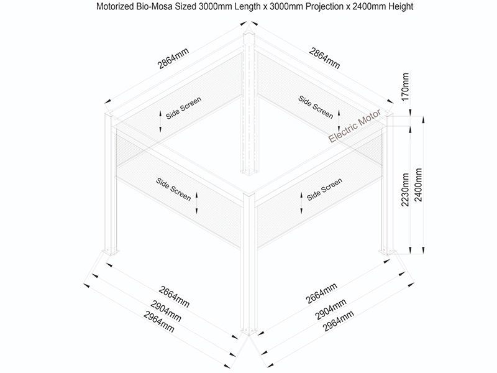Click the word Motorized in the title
tap(116, 6)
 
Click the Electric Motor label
tap(354, 126)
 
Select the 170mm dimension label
tap(405, 86)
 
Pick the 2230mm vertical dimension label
tap(405, 190)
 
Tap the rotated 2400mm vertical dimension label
tap(418, 185)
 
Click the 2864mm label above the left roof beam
tap(173, 58)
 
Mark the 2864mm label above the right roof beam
tap(324, 58)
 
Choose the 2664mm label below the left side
tap(174, 297)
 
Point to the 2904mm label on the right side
tap(331, 309)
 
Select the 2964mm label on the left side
tap(159, 321)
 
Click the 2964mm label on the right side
tap(338, 321)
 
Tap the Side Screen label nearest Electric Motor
tap(316, 107)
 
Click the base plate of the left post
tap(111, 252)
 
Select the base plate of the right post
tap(387, 252)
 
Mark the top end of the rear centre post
tap(249, 34)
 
